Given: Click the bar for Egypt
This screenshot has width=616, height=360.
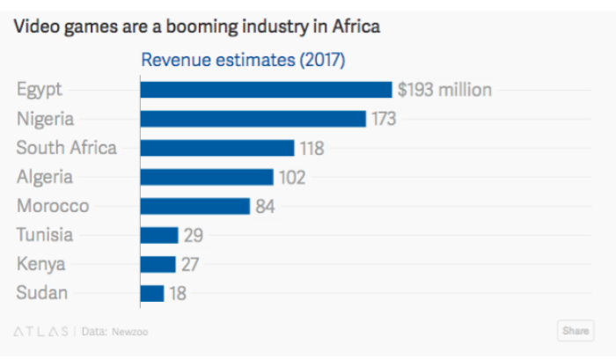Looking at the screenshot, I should [266, 90].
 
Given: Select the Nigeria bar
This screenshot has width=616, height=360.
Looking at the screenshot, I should [253, 119].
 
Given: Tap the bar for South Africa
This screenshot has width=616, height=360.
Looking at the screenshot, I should [216, 148].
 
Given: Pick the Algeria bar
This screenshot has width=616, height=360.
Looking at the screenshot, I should [207, 177].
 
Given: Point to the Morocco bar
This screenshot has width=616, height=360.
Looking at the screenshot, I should [194, 206].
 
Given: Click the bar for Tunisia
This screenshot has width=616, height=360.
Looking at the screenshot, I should [159, 235].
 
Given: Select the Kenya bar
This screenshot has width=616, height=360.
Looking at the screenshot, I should [158, 264].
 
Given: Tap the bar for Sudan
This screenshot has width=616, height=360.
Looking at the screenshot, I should [152, 293].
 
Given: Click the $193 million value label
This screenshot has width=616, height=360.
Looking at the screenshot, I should [444, 90].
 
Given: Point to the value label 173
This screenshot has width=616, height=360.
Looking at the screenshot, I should [383, 119].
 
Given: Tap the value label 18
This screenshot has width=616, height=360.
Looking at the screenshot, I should [178, 293].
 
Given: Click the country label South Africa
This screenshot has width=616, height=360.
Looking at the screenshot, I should [66, 148].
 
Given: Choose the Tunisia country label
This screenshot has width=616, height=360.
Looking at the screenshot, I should [45, 235].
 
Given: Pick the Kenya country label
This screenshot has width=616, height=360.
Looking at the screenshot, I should [40, 264].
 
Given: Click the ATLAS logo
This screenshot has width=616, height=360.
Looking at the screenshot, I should [41, 332].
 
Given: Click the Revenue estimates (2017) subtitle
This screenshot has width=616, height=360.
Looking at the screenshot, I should [244, 61].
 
